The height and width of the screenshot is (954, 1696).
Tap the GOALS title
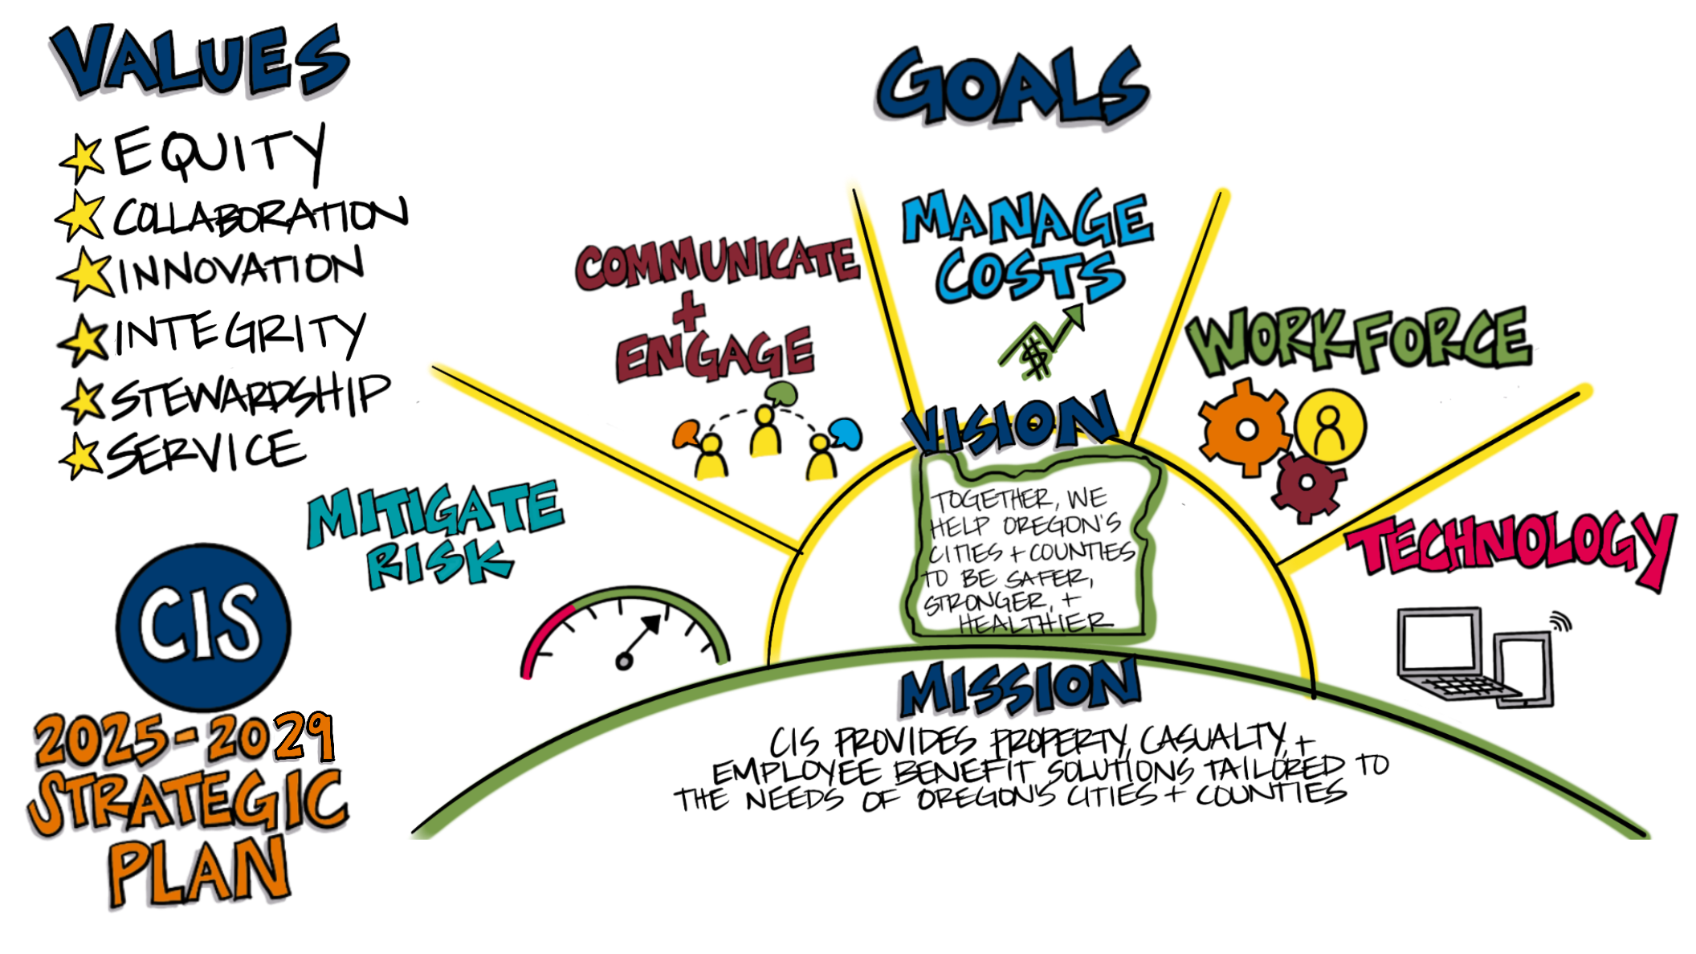(1012, 88)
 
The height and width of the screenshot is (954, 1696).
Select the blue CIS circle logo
(202, 626)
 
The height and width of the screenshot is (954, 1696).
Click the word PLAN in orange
(198, 871)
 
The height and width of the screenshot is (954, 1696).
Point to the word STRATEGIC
(188, 803)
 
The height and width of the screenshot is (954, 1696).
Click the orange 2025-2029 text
(183, 739)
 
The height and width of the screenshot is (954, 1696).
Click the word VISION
(1009, 426)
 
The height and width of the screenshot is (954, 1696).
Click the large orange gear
(1245, 428)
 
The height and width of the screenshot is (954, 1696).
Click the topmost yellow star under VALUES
(84, 157)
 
